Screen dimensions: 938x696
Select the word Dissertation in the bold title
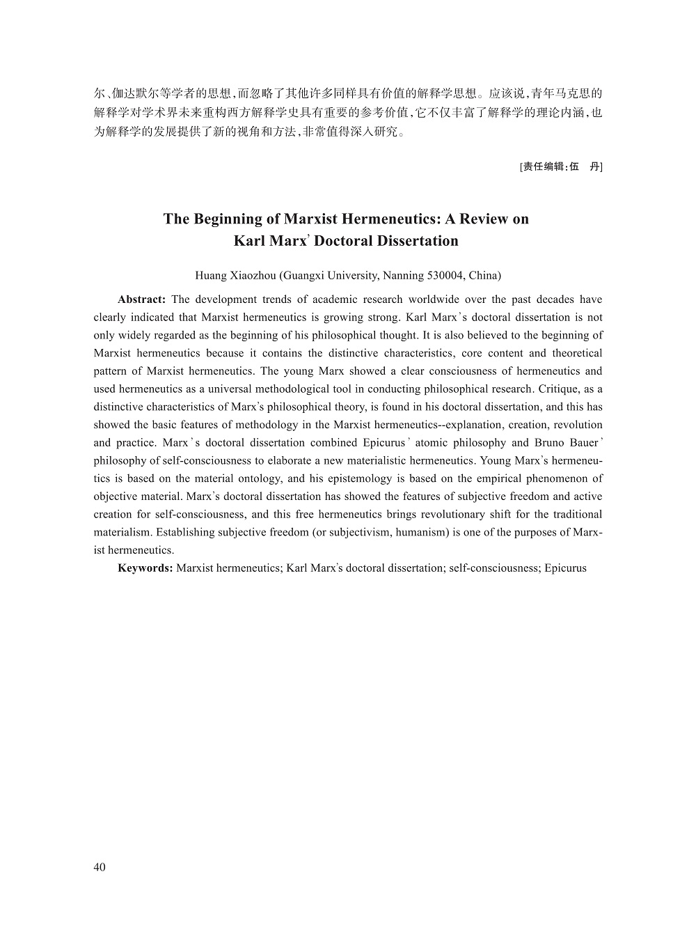point(418,242)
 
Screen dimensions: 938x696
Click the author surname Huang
point(211,275)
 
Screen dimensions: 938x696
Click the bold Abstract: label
point(141,299)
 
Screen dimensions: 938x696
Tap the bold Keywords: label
point(145,568)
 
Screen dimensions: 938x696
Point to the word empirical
point(501,478)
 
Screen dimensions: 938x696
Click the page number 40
point(99,867)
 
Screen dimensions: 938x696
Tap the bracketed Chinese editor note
point(561,166)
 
